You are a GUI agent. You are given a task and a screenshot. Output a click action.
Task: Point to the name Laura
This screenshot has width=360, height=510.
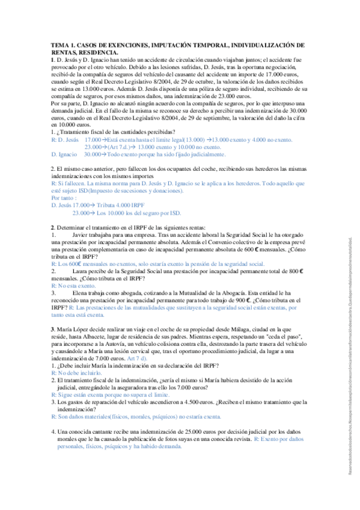point(80,272)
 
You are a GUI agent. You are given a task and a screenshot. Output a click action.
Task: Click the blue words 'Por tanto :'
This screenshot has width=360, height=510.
point(64,198)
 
